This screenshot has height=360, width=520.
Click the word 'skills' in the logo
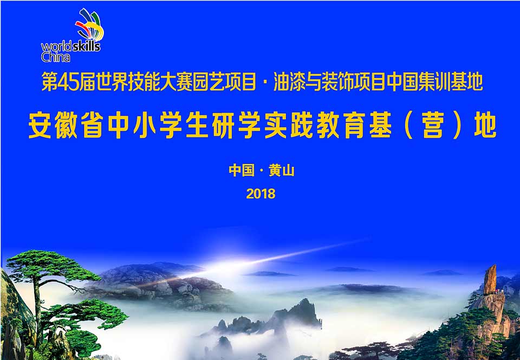coord(86,46)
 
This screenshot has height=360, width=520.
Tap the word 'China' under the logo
coord(55,57)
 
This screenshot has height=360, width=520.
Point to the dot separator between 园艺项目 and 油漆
coord(265,83)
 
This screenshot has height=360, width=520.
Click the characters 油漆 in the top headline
coord(289,82)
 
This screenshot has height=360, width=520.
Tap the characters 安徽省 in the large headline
coord(66,125)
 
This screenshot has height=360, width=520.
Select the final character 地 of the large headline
coord(485,125)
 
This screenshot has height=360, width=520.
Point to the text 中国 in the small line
coord(242,171)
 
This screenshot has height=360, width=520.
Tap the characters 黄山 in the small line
coord(282,171)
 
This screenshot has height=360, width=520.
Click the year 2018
coord(261,194)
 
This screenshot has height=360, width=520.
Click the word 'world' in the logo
coord(56,47)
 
